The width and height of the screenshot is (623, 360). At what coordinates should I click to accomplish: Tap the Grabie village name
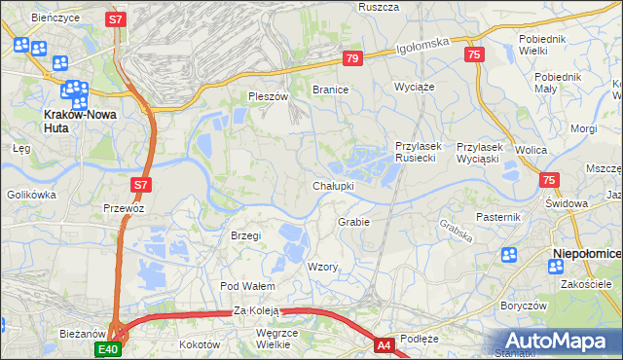coord(353,222)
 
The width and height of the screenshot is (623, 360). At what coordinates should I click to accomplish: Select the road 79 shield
coord(352,59)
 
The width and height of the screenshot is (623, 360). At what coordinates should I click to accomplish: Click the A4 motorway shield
coord(384,344)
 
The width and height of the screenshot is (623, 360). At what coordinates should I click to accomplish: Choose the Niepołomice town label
coord(586,254)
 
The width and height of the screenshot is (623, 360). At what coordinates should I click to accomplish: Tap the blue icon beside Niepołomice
coord(508,255)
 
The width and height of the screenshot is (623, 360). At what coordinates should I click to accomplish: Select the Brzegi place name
coord(245,235)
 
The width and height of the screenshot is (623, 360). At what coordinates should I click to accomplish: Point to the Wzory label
coord(322,267)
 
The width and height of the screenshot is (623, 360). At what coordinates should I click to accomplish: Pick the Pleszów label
coord(269,96)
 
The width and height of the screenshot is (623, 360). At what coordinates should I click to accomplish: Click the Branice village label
coord(330,89)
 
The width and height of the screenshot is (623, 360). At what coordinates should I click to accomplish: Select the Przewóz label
coord(124,208)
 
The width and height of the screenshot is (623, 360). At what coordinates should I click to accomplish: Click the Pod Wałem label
coord(247,286)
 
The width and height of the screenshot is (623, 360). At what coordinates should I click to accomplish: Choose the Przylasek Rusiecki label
coord(419,152)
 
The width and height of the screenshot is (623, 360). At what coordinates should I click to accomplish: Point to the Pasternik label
coord(499,216)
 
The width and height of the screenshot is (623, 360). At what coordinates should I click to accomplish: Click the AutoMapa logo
coord(559,341)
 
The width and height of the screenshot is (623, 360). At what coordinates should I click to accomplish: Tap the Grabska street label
coord(456,229)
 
